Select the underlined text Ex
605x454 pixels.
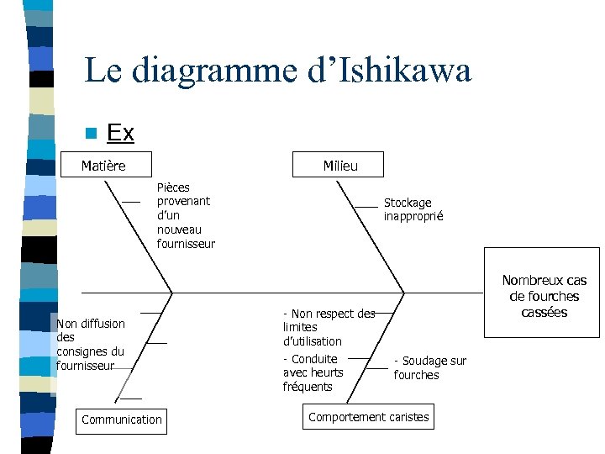coord(120,133)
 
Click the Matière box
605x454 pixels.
coord(103,166)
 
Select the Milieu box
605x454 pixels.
coord(339,166)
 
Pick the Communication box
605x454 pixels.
coord(121,420)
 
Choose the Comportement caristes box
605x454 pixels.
coord(368,417)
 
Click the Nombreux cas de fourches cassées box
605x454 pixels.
coord(544,296)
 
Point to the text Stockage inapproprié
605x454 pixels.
coord(413,209)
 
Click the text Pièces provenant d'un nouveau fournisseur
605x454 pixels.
coord(186,215)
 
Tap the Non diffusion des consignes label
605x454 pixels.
coord(90,345)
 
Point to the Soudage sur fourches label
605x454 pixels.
coord(429,368)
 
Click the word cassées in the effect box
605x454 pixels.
coord(544,313)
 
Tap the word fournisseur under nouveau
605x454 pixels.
coord(186,244)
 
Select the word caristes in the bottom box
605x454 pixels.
coord(408,417)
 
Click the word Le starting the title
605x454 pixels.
coord(101,71)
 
